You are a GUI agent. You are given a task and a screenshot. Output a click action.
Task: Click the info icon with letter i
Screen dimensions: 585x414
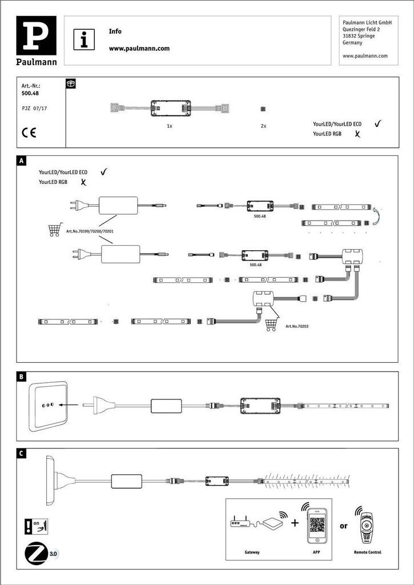[x=85, y=41]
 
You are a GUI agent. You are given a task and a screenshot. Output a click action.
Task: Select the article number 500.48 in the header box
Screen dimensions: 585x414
[x=30, y=93]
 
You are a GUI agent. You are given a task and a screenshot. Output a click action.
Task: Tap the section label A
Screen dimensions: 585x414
[x=21, y=161]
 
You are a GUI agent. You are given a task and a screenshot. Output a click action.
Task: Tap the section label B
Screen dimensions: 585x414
[x=21, y=376]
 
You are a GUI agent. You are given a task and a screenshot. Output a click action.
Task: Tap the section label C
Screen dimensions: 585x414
[x=21, y=454]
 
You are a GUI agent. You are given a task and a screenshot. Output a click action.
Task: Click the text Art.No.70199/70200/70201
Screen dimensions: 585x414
[x=90, y=231]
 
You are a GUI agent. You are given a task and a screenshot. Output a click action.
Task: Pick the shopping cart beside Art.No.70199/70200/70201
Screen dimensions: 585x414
[x=54, y=230]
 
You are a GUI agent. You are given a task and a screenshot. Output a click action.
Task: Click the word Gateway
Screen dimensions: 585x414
[x=252, y=552]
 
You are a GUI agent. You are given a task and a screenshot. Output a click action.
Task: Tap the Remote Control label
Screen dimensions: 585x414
[x=367, y=552]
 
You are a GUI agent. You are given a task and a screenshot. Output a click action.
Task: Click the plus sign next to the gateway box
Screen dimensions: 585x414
[x=295, y=523]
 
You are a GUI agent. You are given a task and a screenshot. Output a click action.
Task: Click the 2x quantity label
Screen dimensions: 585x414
[x=263, y=126]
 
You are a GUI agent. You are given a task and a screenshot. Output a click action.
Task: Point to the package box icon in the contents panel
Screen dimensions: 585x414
[x=71, y=83]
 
